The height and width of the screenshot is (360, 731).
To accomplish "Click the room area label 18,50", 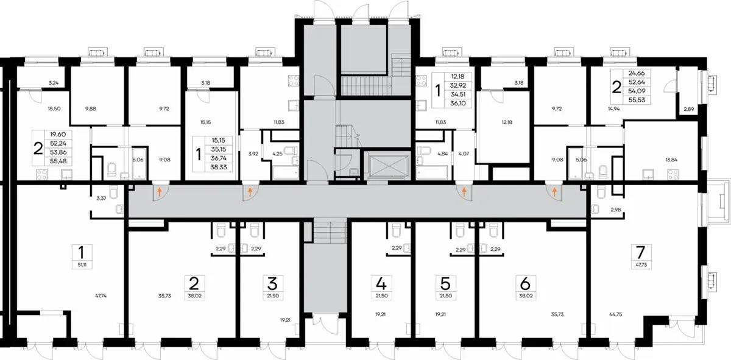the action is (x=54, y=108).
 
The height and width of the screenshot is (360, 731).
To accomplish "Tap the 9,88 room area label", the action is (x=90, y=108).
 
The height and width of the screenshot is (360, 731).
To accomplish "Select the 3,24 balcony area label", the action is (x=54, y=83).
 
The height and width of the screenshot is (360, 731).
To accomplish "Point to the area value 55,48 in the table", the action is (x=58, y=161).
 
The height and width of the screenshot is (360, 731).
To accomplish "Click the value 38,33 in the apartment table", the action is (x=219, y=167).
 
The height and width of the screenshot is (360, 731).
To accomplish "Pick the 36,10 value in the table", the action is (x=458, y=104).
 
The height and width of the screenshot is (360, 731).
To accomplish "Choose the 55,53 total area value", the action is (x=637, y=100).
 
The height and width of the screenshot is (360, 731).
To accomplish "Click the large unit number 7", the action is (x=641, y=252).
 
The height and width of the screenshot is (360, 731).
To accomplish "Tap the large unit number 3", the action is (x=272, y=284).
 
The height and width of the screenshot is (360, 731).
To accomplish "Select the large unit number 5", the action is (x=445, y=284).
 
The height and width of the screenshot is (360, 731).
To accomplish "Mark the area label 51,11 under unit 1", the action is (x=82, y=265).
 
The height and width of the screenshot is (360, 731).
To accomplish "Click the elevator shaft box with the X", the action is (x=388, y=166).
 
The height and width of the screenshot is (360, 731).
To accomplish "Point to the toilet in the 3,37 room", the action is (x=113, y=192).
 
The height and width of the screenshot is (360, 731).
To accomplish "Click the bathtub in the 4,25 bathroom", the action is (x=285, y=172).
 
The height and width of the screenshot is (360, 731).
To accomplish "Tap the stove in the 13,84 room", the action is (x=673, y=174).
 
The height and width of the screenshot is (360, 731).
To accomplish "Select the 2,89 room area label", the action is (x=688, y=109).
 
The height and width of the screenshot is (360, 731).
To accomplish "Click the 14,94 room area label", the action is (x=614, y=108).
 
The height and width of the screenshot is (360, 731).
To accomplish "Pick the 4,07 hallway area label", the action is (x=464, y=154).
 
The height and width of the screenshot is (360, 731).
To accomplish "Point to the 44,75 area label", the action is (x=615, y=315).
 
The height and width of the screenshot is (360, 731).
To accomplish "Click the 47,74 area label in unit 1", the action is (x=101, y=296).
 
